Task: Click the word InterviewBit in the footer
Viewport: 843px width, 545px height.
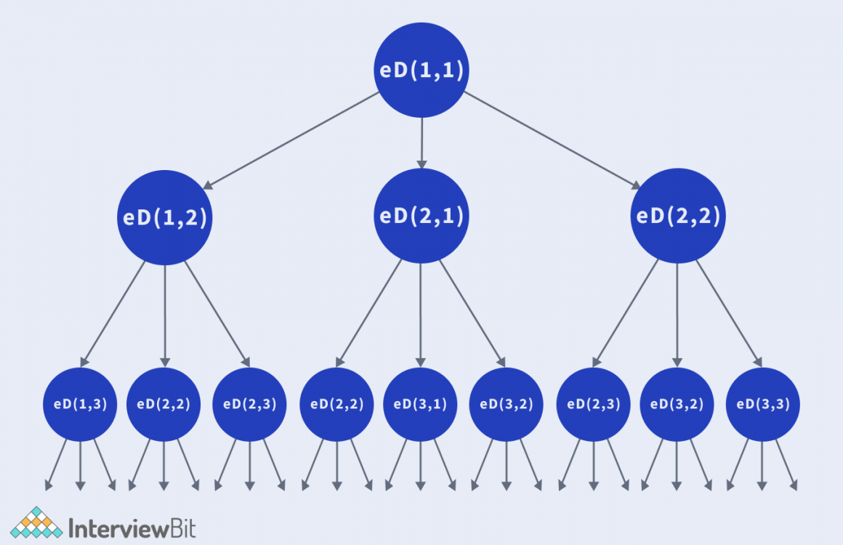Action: click(x=132, y=526)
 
